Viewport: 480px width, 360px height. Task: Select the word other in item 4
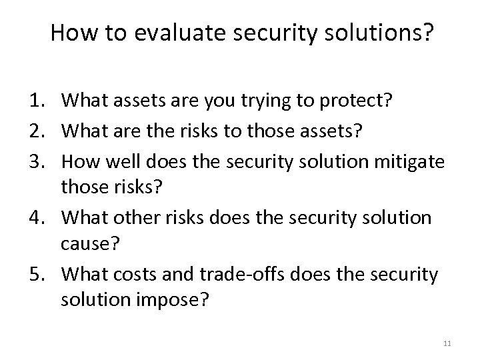(139, 218)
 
